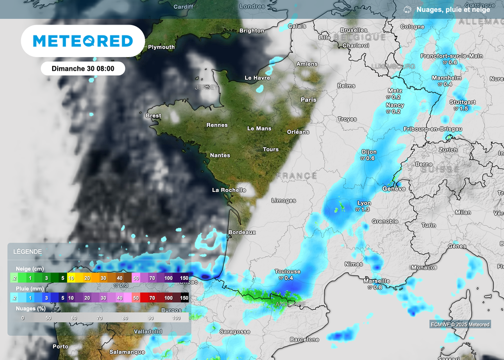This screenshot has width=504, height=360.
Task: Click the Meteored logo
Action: pos(83,41)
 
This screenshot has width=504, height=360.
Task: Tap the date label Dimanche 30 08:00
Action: pos(83,69)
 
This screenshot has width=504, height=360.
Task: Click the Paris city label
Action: pos(309,100)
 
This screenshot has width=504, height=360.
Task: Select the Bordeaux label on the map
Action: pos(242,232)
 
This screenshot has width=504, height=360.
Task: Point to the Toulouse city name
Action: pos(287,271)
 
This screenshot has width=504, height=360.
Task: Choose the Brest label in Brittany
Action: pos(154,116)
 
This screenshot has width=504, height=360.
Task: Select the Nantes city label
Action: pos(220,155)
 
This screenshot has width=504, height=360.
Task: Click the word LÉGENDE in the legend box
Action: pos(28,252)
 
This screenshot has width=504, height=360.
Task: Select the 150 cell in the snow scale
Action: pos(184,278)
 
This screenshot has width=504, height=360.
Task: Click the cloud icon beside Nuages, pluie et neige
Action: pos(408,9)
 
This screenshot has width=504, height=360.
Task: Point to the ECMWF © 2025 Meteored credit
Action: pos(460,325)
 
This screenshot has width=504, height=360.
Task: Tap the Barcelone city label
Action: pos(305,340)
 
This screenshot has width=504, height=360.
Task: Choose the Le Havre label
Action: pos(257,78)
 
